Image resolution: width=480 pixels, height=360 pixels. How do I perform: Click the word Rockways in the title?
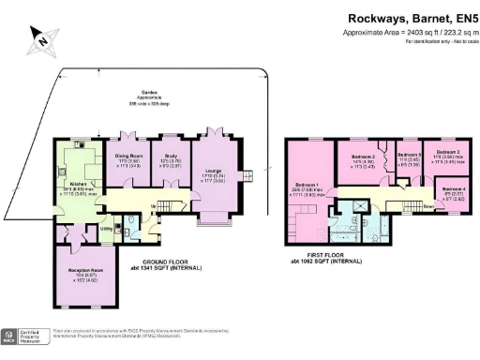pos(377,17)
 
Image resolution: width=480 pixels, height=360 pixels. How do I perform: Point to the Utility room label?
pos(106,228)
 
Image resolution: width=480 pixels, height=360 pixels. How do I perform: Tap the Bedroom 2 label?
pos(363,157)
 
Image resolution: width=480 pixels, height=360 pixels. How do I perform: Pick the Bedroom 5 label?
pos(408,154)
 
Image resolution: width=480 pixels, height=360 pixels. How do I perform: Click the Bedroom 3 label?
pos(447,151)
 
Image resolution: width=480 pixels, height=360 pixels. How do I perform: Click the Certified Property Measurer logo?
pos(28,335)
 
